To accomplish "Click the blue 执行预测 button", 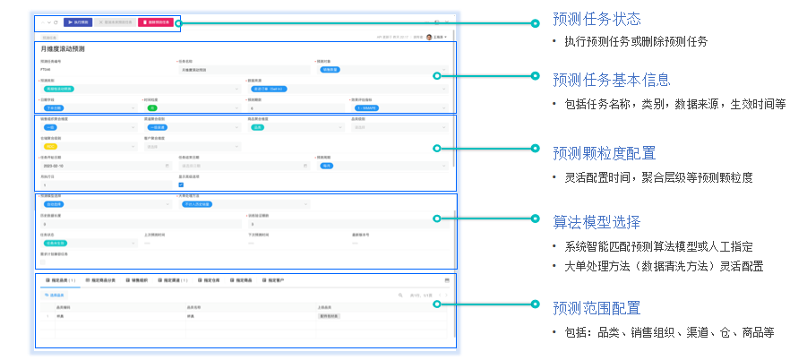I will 76,21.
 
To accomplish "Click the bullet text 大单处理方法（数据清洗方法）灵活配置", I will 667,266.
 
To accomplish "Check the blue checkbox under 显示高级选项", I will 181,185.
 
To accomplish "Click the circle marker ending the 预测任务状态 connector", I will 535,23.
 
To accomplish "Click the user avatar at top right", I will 429,37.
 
